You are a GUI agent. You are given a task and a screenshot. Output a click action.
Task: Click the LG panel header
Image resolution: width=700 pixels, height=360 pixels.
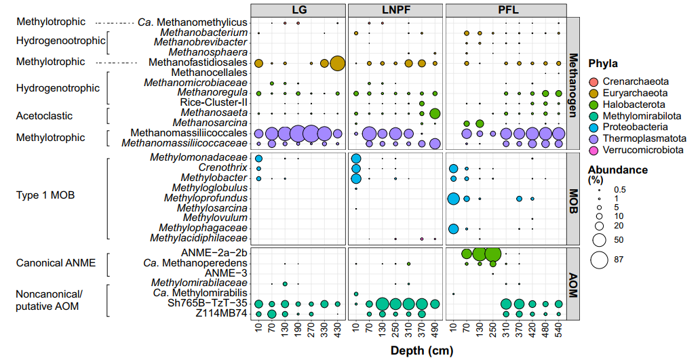298,10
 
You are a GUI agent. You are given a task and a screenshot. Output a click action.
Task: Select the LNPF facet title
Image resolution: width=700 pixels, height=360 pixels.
395,10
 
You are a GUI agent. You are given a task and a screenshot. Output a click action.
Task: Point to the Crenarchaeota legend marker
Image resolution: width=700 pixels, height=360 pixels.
595,81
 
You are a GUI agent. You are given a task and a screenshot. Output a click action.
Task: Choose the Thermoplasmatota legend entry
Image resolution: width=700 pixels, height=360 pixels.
595,138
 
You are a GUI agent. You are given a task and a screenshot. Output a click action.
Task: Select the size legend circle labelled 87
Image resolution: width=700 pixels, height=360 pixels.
600,260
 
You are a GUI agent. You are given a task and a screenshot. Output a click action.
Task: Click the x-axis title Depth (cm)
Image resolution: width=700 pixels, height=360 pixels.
421,351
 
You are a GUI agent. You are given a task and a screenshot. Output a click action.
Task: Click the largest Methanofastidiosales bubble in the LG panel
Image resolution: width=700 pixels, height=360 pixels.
337,63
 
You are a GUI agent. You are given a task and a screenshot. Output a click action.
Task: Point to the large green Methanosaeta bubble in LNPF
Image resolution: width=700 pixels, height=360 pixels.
435,113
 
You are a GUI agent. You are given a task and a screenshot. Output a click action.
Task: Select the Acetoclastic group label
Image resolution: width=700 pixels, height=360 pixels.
41,116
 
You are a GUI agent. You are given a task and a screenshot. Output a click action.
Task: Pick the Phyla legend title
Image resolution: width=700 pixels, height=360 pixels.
603,64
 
